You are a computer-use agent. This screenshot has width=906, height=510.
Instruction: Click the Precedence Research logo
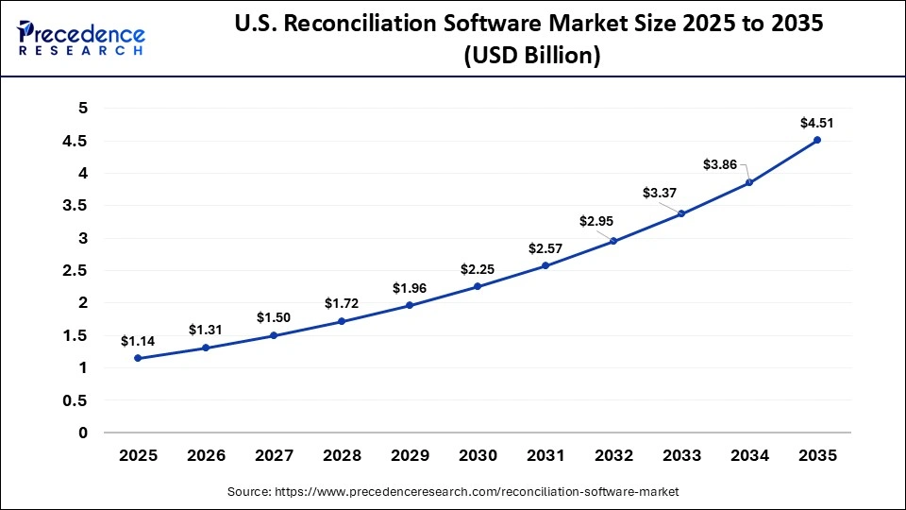pyautogui.click(x=80, y=37)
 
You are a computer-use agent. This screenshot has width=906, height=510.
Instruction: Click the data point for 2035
pyautogui.click(x=817, y=140)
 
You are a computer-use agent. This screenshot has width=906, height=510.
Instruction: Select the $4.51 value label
pyautogui.click(x=817, y=122)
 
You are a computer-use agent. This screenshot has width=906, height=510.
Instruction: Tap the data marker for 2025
pyautogui.click(x=138, y=358)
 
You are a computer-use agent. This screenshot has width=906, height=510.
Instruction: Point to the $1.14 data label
pyautogui.click(x=138, y=341)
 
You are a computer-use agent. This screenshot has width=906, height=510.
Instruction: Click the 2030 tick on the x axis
pyautogui.click(x=478, y=455)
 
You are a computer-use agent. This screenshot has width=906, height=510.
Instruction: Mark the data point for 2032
pyautogui.click(x=613, y=241)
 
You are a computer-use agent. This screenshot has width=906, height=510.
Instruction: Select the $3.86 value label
pyautogui.click(x=720, y=164)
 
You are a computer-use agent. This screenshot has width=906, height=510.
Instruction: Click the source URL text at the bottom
pyautogui.click(x=453, y=492)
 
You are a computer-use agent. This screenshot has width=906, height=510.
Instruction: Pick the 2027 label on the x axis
pyautogui.click(x=274, y=455)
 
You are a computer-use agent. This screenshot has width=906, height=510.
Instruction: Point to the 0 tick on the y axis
pyautogui.click(x=83, y=433)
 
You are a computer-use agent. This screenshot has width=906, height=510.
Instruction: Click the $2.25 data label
pyautogui.click(x=478, y=269)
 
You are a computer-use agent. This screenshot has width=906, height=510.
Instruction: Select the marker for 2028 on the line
pyautogui.click(x=342, y=321)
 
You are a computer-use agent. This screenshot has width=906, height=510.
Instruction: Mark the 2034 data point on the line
pyautogui.click(x=749, y=182)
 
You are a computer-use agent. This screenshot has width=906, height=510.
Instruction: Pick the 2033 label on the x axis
pyautogui.click(x=681, y=455)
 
